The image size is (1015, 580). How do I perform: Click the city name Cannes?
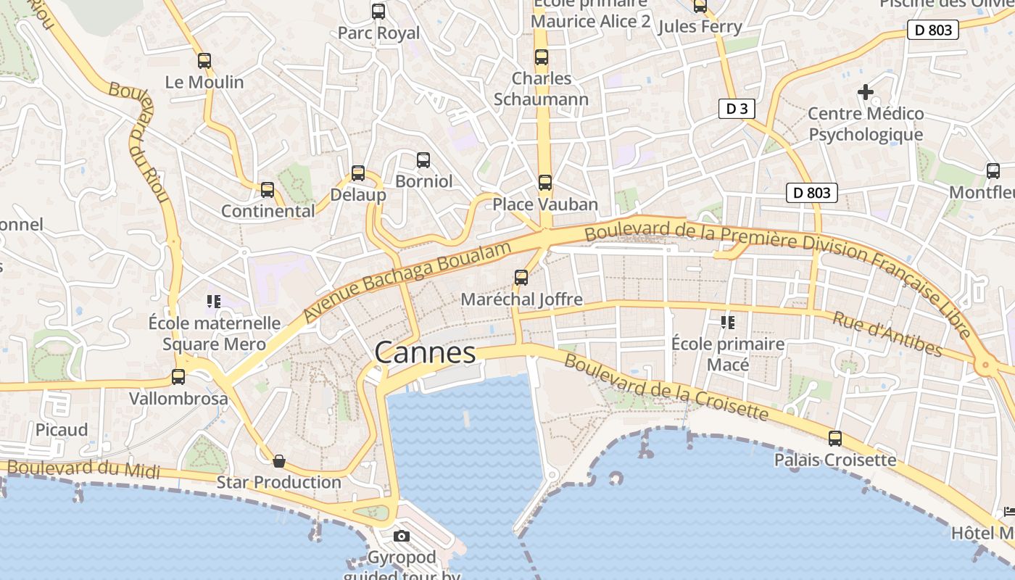pyautogui.click(x=425, y=353)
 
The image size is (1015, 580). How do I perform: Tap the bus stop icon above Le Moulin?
pyautogui.click(x=204, y=61)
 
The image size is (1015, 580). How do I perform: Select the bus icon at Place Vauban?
pyautogui.click(x=545, y=183)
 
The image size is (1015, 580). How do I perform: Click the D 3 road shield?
pyautogui.click(x=737, y=109)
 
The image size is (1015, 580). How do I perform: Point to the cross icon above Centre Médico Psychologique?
pyautogui.click(x=865, y=92)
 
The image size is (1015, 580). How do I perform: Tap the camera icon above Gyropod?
pyautogui.click(x=401, y=536)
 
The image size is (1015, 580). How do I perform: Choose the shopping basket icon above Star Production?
pyautogui.click(x=278, y=461)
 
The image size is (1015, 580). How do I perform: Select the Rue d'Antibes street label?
pyautogui.click(x=887, y=334)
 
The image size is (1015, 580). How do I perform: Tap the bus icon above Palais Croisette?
pyautogui.click(x=835, y=439)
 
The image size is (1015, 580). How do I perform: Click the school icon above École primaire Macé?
pyautogui.click(x=728, y=322)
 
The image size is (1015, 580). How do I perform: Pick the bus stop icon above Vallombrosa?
pyautogui.click(x=178, y=377)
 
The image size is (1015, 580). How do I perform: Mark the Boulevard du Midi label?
pyautogui.click(x=83, y=468)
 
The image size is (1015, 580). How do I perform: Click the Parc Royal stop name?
pyautogui.click(x=378, y=33)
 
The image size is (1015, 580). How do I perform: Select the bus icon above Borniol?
pyautogui.click(x=423, y=160)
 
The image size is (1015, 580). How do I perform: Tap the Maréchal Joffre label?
pyautogui.click(x=521, y=299)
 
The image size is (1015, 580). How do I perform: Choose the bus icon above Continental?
pyautogui.click(x=268, y=190)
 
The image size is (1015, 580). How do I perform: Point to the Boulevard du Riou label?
pyautogui.click(x=138, y=142)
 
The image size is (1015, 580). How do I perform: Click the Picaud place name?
pyautogui.click(x=62, y=430)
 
